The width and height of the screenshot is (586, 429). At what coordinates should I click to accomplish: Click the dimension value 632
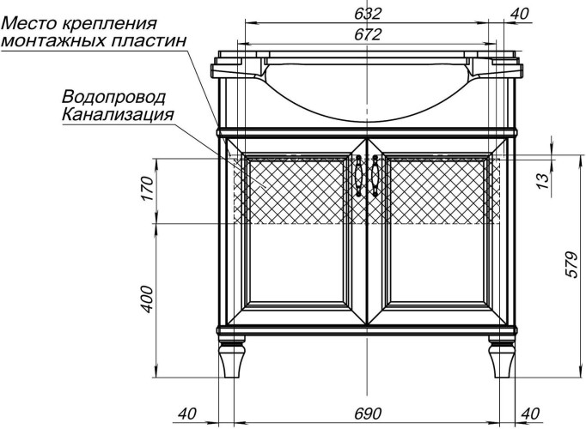[x=367, y=14]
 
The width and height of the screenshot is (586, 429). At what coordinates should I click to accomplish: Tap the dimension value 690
[x=367, y=414]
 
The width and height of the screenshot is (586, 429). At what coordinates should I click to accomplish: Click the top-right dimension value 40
[x=519, y=14]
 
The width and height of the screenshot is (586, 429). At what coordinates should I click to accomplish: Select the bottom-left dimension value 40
[x=188, y=414]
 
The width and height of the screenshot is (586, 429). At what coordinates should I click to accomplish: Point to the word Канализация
[x=118, y=113]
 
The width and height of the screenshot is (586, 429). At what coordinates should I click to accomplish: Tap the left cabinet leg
[x=230, y=359]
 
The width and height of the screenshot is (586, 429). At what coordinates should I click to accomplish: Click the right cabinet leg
[x=502, y=359]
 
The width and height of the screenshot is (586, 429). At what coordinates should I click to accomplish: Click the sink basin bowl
[x=367, y=86]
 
